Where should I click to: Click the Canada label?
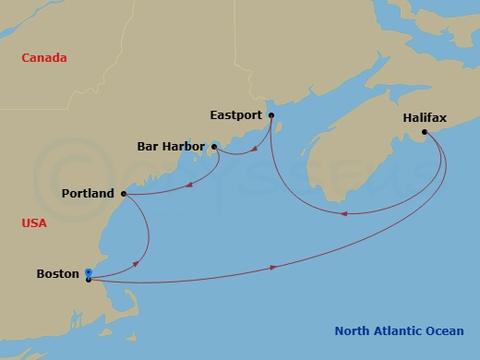pyautogui.click(x=45, y=57)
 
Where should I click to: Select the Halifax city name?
pyautogui.click(x=425, y=119)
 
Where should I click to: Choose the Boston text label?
pyautogui.click(x=57, y=273)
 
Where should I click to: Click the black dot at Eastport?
pyautogui.click(x=271, y=115)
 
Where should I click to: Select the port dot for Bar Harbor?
pyautogui.click(x=214, y=146)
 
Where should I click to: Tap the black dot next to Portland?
pyautogui.click(x=123, y=194)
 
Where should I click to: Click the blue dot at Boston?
pyautogui.click(x=88, y=271)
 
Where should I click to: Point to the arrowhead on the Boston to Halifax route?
pyautogui.click(x=273, y=267)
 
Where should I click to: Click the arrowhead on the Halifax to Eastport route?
pyautogui.click(x=344, y=214)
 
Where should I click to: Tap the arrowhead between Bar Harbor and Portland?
pyautogui.click(x=188, y=185)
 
